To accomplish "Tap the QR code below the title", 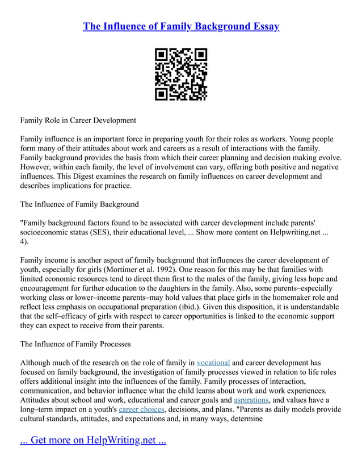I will tap(181, 74).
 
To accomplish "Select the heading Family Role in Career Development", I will tap(78, 120).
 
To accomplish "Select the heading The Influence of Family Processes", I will tap(75, 344).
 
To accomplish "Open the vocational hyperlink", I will tap(213, 362).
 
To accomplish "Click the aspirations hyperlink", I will tap(251, 400).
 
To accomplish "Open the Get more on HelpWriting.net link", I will tap(93, 441).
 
